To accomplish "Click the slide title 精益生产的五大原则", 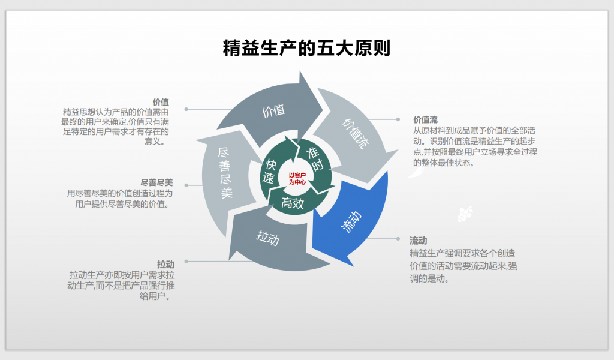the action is (x=306, y=48).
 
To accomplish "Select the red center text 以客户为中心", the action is (x=297, y=179).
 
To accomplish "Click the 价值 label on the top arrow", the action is (x=273, y=111).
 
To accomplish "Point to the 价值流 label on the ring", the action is (x=355, y=134).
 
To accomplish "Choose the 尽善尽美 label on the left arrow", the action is (x=225, y=173).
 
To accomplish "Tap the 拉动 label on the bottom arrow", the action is (x=268, y=238).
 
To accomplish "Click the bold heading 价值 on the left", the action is (x=161, y=102).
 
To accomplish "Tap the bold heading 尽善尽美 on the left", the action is (x=156, y=182).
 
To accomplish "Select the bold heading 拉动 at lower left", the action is (x=165, y=265).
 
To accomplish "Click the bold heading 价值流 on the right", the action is (x=425, y=119).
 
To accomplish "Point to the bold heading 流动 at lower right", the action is (x=418, y=240).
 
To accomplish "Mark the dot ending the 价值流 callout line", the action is (x=398, y=119).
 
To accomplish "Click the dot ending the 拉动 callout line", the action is (x=186, y=261).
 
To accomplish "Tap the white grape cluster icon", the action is (x=465, y=214).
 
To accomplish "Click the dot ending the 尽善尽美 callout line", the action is (x=186, y=185).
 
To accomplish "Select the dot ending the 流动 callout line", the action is (x=398, y=239).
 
